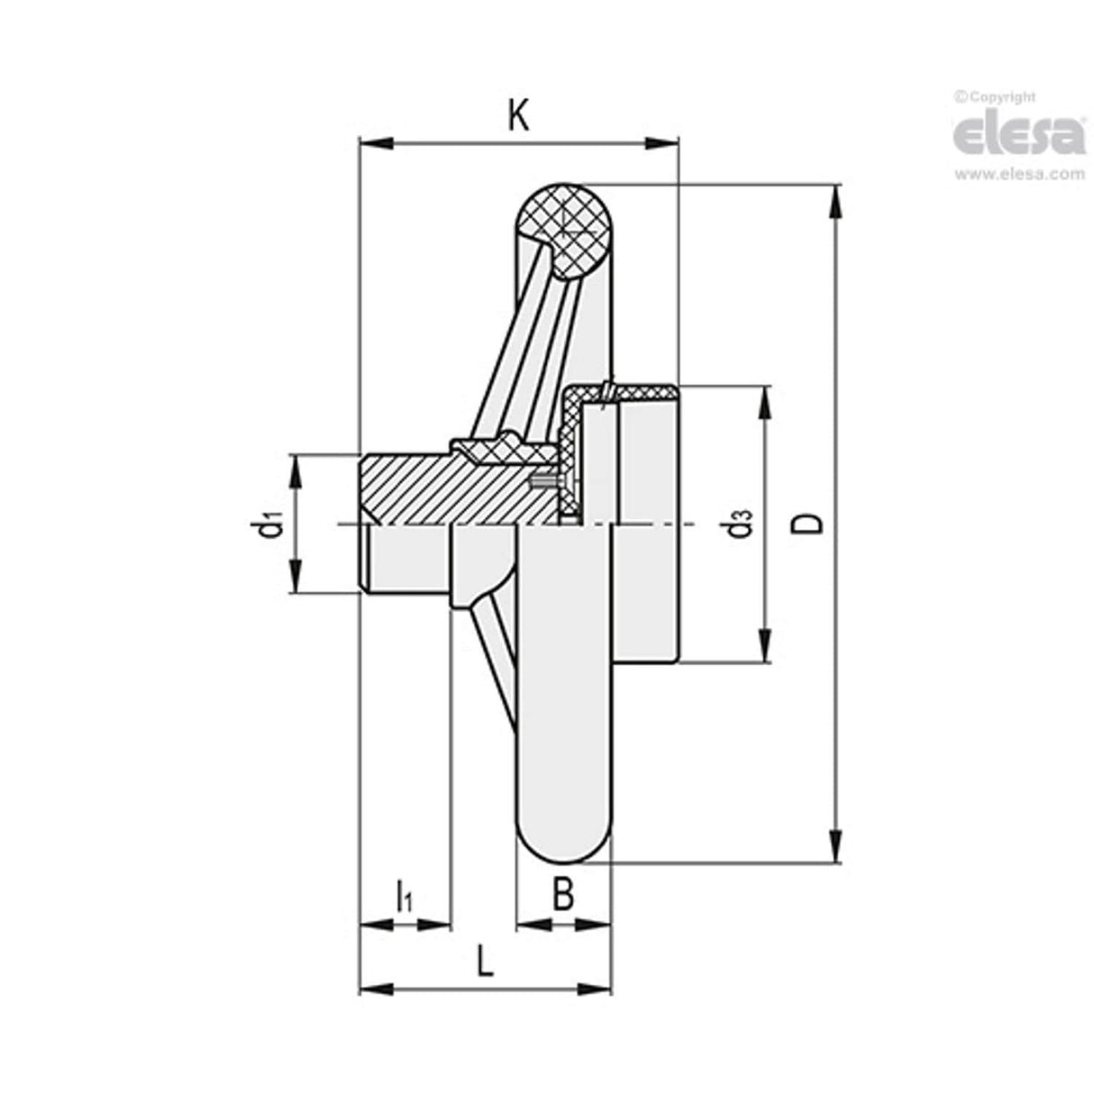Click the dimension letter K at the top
click(517, 115)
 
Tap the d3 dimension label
click(741, 524)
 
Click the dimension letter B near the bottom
click(562, 895)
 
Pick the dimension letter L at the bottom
click(485, 962)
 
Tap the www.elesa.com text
click(1019, 174)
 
